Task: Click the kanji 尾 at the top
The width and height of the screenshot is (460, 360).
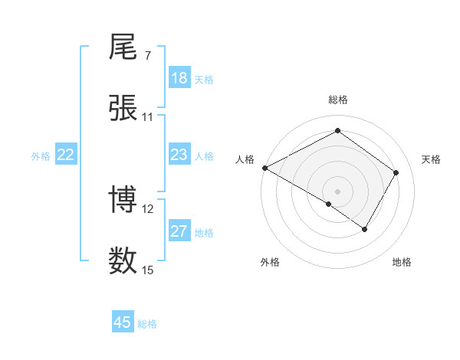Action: click(123, 48)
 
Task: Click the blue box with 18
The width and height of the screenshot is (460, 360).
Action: click(179, 78)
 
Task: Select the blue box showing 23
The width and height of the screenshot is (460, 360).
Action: click(179, 155)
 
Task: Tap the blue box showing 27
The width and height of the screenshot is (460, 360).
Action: click(179, 231)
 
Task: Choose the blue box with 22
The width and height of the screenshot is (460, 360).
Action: click(66, 155)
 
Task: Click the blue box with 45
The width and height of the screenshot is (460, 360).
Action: click(123, 322)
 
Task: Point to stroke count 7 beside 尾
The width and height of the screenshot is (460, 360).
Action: click(147, 56)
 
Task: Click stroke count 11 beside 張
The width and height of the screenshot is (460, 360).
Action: click(148, 117)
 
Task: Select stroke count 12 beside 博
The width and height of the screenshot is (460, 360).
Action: click(148, 208)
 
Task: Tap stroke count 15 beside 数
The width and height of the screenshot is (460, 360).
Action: click(148, 270)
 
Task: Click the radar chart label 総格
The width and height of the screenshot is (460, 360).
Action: click(338, 100)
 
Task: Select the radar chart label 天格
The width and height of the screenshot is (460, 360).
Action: click(432, 159)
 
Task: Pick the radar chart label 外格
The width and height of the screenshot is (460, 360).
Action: click(270, 262)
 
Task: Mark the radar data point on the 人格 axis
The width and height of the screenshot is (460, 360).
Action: click(264, 168)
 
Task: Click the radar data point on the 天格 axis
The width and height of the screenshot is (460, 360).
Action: click(396, 172)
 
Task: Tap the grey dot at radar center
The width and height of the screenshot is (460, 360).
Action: click(338, 191)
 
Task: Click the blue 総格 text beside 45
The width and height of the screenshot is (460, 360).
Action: click(147, 324)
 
